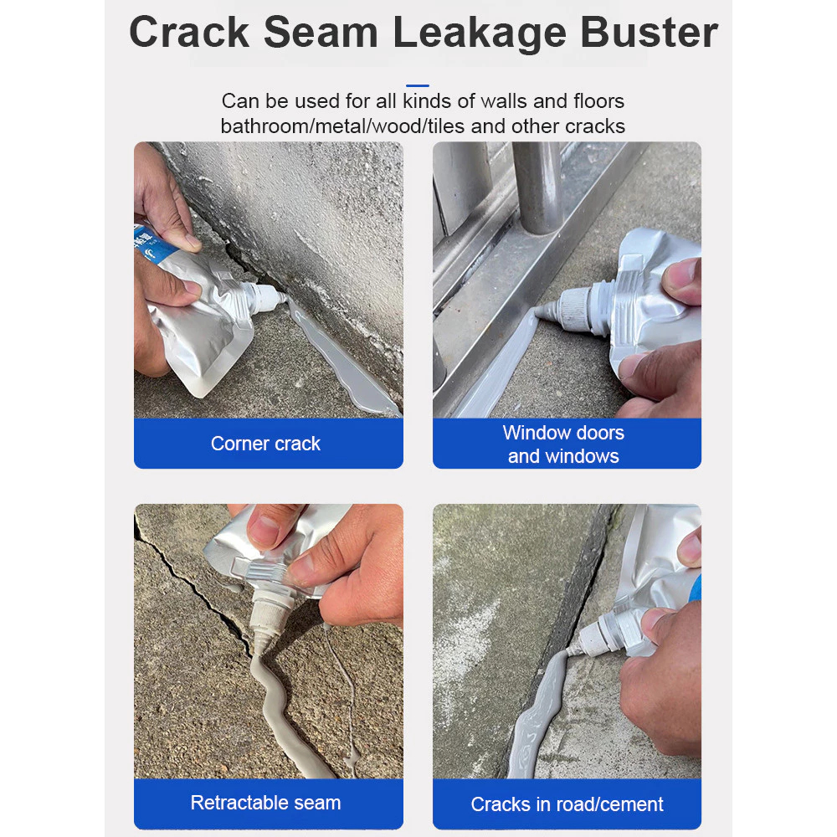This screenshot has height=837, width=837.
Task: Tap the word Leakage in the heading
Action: pyautogui.click(x=480, y=34)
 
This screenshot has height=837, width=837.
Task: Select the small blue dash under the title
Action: pyautogui.click(x=418, y=85)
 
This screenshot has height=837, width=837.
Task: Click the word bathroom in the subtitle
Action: pyautogui.click(x=265, y=126)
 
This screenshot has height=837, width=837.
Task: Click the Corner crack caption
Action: pyautogui.click(x=265, y=444)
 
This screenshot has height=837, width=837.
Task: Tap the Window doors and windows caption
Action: pyautogui.click(x=563, y=444)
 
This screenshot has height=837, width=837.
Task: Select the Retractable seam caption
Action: pyautogui.click(x=265, y=803)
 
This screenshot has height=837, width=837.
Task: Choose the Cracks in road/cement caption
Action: pyautogui.click(x=567, y=804)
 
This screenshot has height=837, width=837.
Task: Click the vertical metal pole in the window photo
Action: pyautogui.click(x=538, y=187)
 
